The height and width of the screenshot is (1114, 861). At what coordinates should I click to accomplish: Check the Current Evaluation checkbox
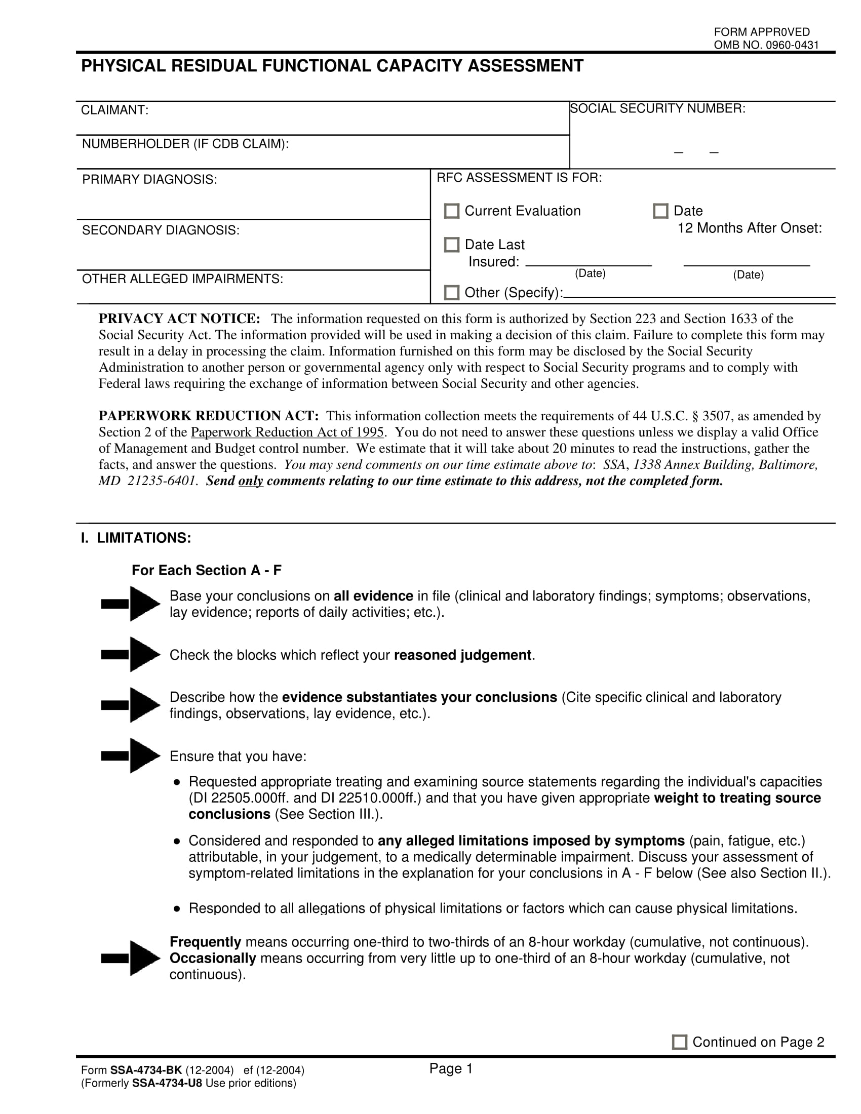[x=451, y=211]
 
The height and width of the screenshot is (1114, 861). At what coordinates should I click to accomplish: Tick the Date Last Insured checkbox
[x=451, y=245]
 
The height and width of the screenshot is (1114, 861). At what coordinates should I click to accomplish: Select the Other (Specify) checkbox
[x=451, y=292]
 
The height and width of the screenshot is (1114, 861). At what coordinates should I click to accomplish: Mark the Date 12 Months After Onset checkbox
[x=660, y=211]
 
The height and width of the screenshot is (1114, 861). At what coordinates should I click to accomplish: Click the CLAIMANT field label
[x=115, y=110]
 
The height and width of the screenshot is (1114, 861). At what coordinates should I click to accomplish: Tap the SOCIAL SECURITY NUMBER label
[x=657, y=108]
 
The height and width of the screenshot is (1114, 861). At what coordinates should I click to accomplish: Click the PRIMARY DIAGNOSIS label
[x=149, y=180]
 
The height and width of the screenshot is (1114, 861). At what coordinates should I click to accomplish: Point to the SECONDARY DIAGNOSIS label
[x=161, y=230]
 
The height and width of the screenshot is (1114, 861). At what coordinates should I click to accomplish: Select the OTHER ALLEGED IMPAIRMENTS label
[x=183, y=279]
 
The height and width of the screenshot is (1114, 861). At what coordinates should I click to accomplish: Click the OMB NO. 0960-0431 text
[x=766, y=45]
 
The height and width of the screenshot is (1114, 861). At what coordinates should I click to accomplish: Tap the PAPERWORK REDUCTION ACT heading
[x=209, y=416]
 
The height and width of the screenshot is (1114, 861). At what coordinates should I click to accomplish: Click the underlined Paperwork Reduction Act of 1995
[x=287, y=432]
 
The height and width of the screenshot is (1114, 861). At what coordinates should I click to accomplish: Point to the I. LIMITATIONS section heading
[x=136, y=538]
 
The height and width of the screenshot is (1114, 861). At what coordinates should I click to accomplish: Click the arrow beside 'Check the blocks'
[x=131, y=654]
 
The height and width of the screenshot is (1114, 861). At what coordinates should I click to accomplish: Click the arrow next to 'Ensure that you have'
[x=131, y=755]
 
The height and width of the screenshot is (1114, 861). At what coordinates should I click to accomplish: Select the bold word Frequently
[x=205, y=942]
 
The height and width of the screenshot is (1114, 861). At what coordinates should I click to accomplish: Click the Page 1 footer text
[x=451, y=1068]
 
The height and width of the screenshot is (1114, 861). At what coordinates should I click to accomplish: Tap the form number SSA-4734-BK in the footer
[x=146, y=1070]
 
